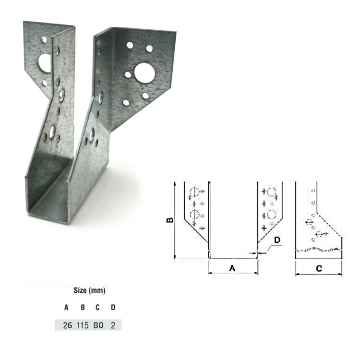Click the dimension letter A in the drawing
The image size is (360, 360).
click(232, 269)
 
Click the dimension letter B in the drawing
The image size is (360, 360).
click(169, 219)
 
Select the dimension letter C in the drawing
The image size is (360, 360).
click(319, 269)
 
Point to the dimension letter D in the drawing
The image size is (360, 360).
click(277, 240)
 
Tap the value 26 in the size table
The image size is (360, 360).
click(67, 325)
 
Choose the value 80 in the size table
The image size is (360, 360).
click(99, 325)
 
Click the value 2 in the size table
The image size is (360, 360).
click(113, 325)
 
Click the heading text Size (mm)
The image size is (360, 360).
click(89, 290)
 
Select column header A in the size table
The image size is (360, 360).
click(66, 307)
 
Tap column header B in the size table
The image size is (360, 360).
click(82, 307)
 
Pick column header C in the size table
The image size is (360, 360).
click(97, 307)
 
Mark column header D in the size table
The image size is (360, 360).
click(113, 307)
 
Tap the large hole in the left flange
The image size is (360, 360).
click(44, 62)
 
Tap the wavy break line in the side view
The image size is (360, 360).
click(319, 250)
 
